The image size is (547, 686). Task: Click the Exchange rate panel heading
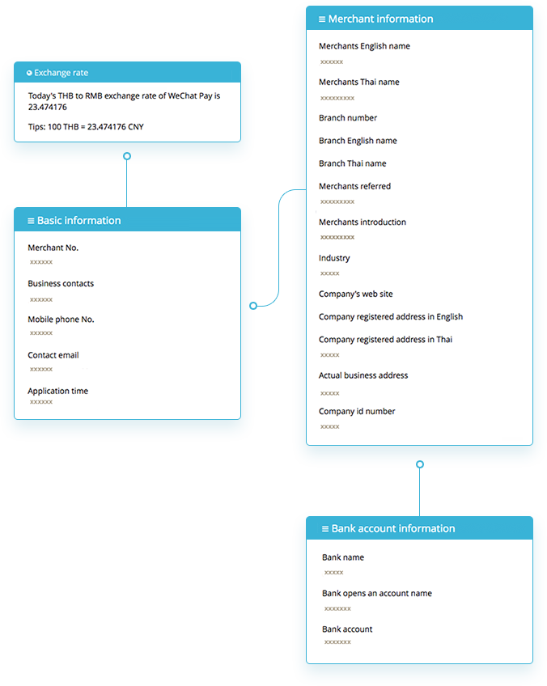click(x=61, y=73)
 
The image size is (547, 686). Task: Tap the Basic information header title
click(x=78, y=221)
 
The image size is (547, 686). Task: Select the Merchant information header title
click(x=380, y=19)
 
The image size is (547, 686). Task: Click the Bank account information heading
click(x=393, y=528)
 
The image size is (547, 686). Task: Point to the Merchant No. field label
click(x=53, y=248)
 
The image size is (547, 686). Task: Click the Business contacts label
click(x=61, y=283)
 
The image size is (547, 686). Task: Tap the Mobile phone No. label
click(x=61, y=320)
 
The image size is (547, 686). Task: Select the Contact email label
click(x=53, y=355)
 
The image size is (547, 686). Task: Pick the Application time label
click(x=57, y=391)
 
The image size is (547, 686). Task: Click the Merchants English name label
click(x=364, y=46)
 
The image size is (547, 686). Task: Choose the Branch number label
click(x=348, y=117)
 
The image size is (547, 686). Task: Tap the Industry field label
click(x=334, y=258)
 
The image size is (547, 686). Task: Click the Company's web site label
click(x=356, y=294)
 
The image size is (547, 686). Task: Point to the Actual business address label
click(x=363, y=375)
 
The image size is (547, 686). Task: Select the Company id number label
click(x=357, y=411)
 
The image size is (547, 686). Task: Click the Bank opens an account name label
click(x=377, y=593)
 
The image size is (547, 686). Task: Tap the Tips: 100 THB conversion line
click(x=86, y=127)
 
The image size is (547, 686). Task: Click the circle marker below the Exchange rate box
click(x=127, y=156)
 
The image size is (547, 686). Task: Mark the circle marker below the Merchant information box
click(x=420, y=464)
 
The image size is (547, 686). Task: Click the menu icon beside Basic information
click(x=31, y=221)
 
